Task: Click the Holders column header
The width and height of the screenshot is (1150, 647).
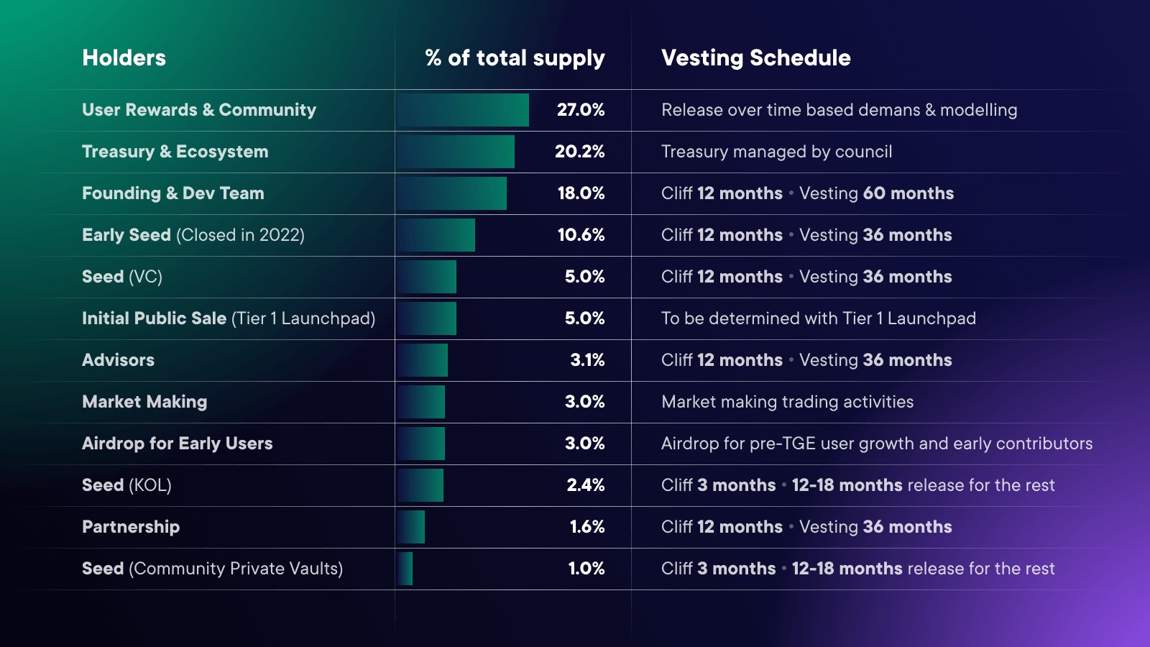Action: pos(124,58)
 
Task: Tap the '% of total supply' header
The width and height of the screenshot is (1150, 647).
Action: pos(515,58)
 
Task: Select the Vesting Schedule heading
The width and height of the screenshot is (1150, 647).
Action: pos(755,58)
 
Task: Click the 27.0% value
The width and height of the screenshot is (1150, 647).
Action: pos(581,110)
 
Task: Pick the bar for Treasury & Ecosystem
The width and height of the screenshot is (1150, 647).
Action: pos(456,152)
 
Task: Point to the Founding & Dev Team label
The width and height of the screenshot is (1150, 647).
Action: pos(172,193)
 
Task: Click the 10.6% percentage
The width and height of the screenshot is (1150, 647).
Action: pos(581,235)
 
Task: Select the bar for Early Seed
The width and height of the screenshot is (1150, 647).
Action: pos(436,235)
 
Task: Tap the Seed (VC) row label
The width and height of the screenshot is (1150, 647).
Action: pos(122,277)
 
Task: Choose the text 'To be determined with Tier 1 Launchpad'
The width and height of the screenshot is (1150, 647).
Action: pos(818,318)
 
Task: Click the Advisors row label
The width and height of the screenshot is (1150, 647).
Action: pos(118,360)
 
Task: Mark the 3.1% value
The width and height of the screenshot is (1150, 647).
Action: pos(587,360)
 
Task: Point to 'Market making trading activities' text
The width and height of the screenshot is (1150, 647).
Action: pos(787,402)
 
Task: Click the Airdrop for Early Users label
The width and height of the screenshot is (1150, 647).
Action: pos(177,444)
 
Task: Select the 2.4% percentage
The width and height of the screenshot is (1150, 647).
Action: pos(585,485)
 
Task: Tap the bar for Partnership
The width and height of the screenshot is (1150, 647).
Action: pos(411,527)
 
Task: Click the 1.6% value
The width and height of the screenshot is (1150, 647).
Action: pos(587,527)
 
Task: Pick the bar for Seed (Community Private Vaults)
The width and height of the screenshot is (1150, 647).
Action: pos(405,569)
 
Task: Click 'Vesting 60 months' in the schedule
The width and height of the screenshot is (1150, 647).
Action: pos(876,193)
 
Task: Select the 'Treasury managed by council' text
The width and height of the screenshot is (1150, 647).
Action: pos(776,152)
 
